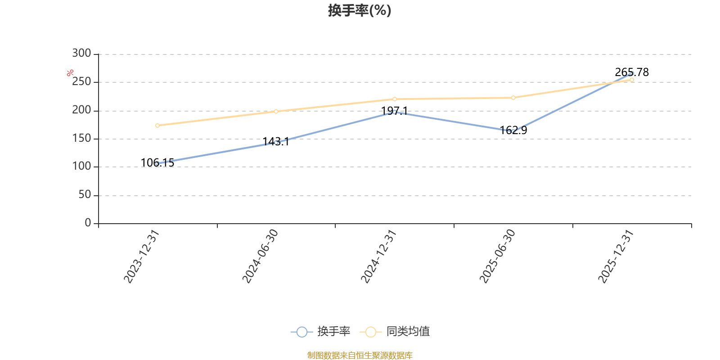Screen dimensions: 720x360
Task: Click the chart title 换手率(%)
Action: tap(360, 10)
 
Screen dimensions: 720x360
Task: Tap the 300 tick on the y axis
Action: tap(81, 53)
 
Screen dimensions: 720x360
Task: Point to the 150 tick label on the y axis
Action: tap(81, 138)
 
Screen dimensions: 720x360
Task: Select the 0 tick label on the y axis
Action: tap(88, 223)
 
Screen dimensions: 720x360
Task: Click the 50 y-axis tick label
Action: tap(85, 194)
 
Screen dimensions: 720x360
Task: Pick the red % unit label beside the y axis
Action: tap(70, 73)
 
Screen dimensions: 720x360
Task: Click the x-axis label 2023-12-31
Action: tap(141, 256)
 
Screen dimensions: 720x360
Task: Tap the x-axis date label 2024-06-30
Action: tap(260, 256)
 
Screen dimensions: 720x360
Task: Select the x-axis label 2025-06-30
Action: tap(497, 256)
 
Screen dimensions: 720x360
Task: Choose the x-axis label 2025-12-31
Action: tap(616, 256)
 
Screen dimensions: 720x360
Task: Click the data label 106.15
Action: tap(157, 162)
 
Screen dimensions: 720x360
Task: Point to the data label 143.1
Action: tap(276, 141)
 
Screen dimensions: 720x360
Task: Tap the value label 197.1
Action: tap(394, 111)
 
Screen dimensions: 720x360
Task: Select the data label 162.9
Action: tap(513, 130)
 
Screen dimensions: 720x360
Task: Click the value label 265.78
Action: tap(632, 72)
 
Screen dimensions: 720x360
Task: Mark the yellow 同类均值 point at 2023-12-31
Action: tap(157, 126)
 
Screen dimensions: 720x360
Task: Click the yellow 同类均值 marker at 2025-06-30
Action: tap(513, 98)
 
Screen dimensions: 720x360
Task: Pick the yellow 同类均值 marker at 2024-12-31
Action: tap(395, 99)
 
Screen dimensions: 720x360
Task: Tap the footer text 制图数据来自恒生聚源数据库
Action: tap(360, 355)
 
